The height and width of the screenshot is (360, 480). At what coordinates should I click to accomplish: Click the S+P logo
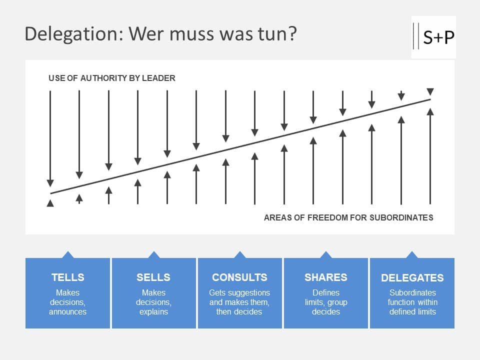[433, 37]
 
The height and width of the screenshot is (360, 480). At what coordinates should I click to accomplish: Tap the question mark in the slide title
[292, 34]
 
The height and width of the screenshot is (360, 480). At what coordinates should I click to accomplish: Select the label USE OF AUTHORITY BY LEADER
[111, 78]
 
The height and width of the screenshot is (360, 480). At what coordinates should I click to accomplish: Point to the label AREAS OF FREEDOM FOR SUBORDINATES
[348, 217]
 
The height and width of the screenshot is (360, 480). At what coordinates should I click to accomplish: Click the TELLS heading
[67, 277]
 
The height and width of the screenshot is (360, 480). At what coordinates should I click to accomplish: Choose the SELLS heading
[153, 277]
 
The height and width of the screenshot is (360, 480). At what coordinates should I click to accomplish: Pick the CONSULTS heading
[239, 277]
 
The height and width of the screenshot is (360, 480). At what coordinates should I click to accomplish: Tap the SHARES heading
[326, 277]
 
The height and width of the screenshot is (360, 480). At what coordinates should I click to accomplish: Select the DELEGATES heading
[412, 278]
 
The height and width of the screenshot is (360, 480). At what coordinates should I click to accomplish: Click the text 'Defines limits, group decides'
[326, 302]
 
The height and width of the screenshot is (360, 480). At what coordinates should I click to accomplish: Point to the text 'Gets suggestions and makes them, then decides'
[239, 302]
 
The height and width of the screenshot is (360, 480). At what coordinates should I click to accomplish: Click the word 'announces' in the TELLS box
[67, 312]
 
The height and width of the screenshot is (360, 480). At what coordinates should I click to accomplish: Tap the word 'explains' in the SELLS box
[153, 312]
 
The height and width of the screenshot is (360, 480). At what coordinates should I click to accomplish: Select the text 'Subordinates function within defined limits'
[412, 302]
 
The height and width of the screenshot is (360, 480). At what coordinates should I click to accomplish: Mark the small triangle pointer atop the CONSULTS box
[240, 255]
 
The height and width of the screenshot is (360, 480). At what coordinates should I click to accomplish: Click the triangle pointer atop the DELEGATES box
[412, 255]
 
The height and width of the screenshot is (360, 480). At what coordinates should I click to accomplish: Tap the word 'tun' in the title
[274, 34]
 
